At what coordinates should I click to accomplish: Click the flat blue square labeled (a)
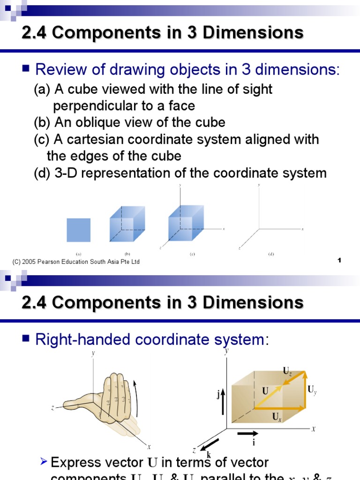[x=78, y=230]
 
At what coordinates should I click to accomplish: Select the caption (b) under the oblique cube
[x=127, y=254]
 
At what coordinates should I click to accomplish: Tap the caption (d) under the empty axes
[x=271, y=254]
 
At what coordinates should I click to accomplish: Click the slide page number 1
[x=338, y=260]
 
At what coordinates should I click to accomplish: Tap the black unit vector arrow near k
[x=210, y=445]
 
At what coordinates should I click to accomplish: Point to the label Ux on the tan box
[x=277, y=416]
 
